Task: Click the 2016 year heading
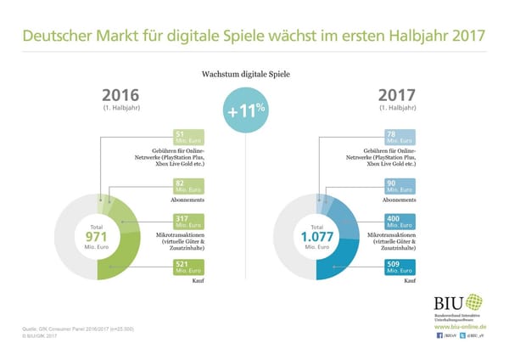coord(120,94)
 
